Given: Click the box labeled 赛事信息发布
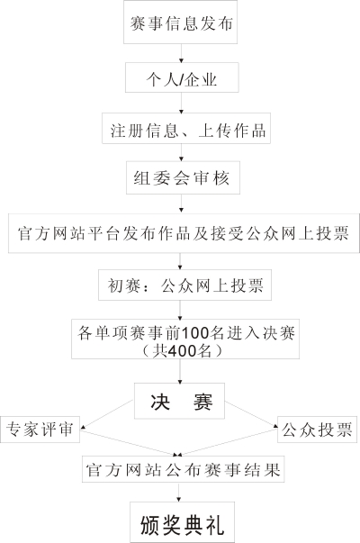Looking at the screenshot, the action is (x=180, y=22).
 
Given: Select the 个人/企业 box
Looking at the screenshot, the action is (x=182, y=77).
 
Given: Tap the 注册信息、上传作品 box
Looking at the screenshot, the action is (x=186, y=128).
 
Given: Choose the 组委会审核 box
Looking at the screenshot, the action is (x=183, y=177).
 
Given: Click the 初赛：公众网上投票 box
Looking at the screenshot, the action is (x=184, y=285).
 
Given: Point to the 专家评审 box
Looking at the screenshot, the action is (x=40, y=430).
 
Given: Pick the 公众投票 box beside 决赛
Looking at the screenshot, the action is (x=317, y=430).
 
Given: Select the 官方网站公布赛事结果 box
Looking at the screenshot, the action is (x=183, y=469).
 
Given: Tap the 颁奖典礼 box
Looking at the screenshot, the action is (x=182, y=522).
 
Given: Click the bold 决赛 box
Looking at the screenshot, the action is (x=179, y=401).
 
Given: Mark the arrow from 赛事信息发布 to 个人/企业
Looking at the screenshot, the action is (x=181, y=53).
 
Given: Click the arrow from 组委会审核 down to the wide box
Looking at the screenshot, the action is (x=181, y=204).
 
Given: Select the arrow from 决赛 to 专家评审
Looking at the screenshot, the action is (x=107, y=414).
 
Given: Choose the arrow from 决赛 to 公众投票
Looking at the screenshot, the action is (x=251, y=414).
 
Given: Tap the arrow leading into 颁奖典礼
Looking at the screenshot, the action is (x=178, y=492).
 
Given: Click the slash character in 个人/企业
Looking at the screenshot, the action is (x=182, y=80).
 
